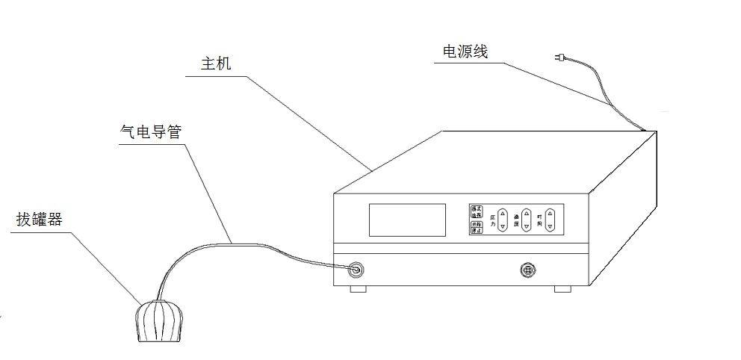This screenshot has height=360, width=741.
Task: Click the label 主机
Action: tap(216, 63)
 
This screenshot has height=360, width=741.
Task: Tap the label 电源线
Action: tap(465, 52)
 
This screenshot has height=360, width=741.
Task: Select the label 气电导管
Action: tap(150, 131)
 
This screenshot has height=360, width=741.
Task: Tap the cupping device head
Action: tap(160, 322)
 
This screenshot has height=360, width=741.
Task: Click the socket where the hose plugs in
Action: tap(356, 268)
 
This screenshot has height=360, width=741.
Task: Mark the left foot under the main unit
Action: tap(358, 288)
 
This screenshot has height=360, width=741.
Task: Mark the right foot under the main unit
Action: tap(562, 288)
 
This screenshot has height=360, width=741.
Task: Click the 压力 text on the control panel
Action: tap(492, 219)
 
